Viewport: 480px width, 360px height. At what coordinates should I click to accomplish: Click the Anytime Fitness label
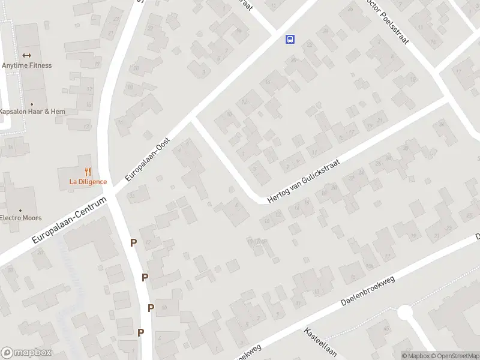26,65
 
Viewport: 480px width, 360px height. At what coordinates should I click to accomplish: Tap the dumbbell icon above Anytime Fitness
26,55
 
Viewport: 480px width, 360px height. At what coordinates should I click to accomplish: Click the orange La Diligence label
88,182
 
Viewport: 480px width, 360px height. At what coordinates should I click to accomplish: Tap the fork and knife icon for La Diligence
88,172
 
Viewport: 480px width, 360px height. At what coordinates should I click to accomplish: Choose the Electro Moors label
20,218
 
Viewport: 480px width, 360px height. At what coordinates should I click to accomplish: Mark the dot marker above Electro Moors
20,210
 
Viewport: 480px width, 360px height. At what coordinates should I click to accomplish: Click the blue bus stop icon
290,40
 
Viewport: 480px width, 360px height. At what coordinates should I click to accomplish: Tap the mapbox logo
26,353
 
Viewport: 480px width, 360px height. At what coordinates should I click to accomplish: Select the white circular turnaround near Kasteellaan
405,313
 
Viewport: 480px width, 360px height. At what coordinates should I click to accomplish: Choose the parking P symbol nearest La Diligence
134,242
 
